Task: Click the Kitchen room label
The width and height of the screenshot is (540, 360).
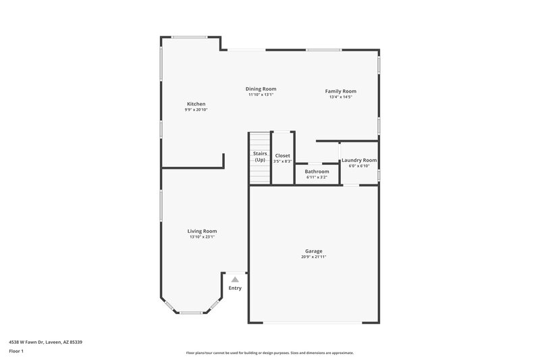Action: coord(196,104)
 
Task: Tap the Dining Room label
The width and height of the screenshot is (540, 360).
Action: coord(261,89)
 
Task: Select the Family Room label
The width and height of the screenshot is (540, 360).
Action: coord(340,91)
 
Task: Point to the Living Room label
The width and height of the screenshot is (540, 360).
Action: coord(202,231)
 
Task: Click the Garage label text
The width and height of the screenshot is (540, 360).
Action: coord(314,251)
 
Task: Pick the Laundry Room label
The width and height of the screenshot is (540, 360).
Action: coord(359,160)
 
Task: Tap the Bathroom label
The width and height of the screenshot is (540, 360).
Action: coord(317,172)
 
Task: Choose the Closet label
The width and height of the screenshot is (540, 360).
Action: coord(282,155)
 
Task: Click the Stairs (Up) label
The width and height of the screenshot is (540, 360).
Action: coord(260,157)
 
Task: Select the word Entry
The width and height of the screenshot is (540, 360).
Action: coord(235,288)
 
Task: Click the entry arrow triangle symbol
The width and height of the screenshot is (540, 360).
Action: coord(235,278)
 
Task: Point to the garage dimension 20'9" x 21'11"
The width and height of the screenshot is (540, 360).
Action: coord(314,257)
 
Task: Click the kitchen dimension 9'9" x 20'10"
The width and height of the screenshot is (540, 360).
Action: coord(196,110)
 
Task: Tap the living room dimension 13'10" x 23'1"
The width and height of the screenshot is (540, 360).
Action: coord(202,237)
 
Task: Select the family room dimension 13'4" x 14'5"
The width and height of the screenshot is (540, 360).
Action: coord(340,97)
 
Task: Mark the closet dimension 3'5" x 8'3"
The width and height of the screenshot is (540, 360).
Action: coord(282,161)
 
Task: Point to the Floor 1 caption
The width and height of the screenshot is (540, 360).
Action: coord(16,351)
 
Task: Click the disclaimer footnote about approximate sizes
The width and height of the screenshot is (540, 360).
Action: coord(269,353)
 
